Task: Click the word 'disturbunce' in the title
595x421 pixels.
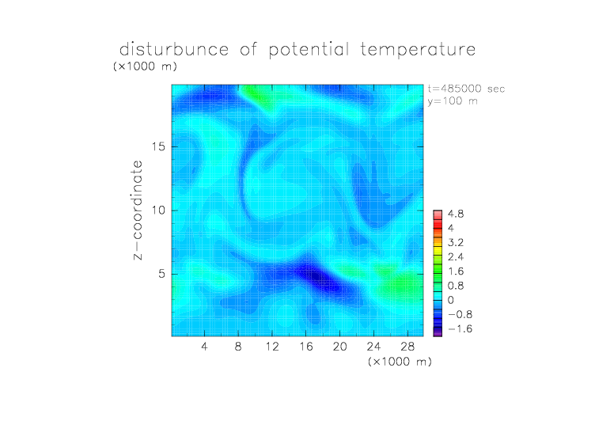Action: [x=174, y=50]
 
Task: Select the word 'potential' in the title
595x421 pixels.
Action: [x=309, y=50]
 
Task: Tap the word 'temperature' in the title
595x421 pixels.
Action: [x=418, y=50]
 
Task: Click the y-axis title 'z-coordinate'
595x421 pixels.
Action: [x=138, y=210]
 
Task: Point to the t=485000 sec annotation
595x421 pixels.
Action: [x=466, y=89]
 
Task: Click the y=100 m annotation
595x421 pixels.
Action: [x=453, y=101]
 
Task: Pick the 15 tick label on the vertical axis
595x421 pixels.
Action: [x=158, y=146]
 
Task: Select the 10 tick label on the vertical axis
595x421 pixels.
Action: [x=158, y=210]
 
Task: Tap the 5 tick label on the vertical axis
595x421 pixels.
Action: [x=162, y=274]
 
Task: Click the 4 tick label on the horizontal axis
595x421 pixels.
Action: [x=204, y=346]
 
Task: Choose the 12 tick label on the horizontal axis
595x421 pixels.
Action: [x=272, y=346]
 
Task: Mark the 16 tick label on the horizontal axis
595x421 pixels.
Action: [x=306, y=346]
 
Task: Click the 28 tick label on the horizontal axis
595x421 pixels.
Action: [x=407, y=346]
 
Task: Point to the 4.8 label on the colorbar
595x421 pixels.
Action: [x=456, y=214]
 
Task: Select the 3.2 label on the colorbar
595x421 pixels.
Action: [x=456, y=243]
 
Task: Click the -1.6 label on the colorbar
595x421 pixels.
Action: [x=460, y=328]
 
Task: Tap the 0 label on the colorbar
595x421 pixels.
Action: [x=451, y=300]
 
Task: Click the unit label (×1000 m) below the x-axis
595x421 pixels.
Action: [x=400, y=362]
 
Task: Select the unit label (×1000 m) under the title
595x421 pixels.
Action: [x=145, y=66]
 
